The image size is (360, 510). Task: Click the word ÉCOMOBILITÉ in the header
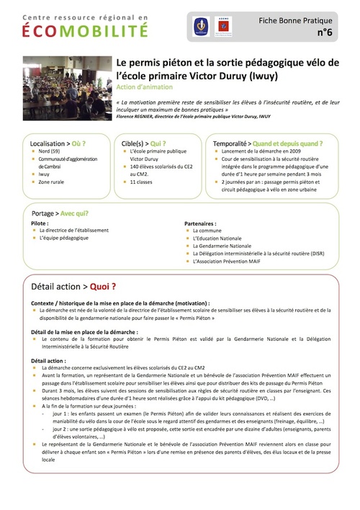85,30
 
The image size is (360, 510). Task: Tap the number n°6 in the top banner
325,33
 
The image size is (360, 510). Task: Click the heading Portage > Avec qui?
60,213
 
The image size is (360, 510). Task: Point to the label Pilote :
40,223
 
